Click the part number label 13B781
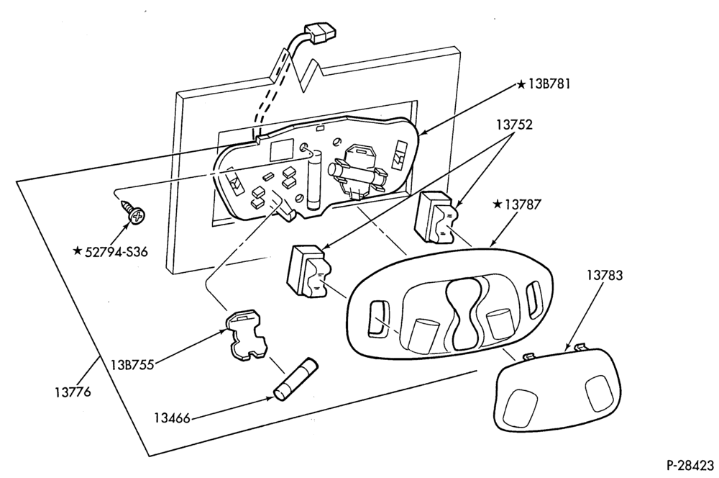tap(549, 84)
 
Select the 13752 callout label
tap(514, 125)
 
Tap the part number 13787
tap(523, 204)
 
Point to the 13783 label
tap(605, 276)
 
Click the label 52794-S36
tap(116, 252)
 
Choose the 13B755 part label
tap(132, 365)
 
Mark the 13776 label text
tap(73, 392)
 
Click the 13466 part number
tap(172, 418)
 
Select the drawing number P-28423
tap(690, 465)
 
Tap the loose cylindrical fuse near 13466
tap(296, 380)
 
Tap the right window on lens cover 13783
tap(600, 392)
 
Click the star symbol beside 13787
tap(498, 204)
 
